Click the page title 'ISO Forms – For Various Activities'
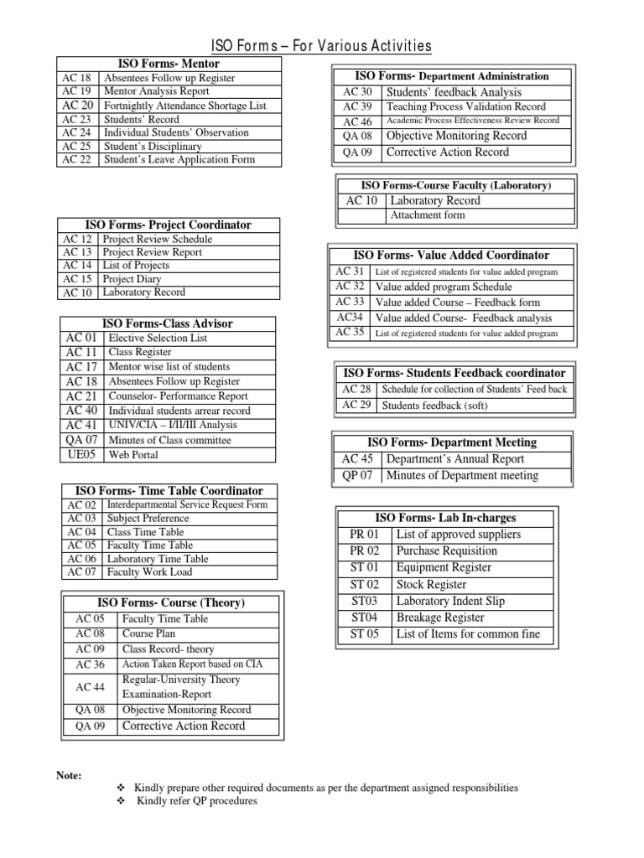click(321, 45)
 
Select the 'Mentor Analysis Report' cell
click(157, 91)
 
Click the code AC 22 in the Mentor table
click(77, 159)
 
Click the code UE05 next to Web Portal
click(82, 455)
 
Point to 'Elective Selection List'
click(158, 338)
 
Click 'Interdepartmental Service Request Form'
click(187, 504)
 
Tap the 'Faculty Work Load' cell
click(149, 572)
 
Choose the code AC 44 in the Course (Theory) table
click(90, 687)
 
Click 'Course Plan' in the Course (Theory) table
click(149, 633)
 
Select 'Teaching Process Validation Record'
click(465, 106)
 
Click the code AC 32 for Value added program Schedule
click(350, 286)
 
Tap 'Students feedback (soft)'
click(434, 406)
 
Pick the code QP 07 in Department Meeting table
click(357, 476)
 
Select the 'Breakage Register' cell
click(440, 618)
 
